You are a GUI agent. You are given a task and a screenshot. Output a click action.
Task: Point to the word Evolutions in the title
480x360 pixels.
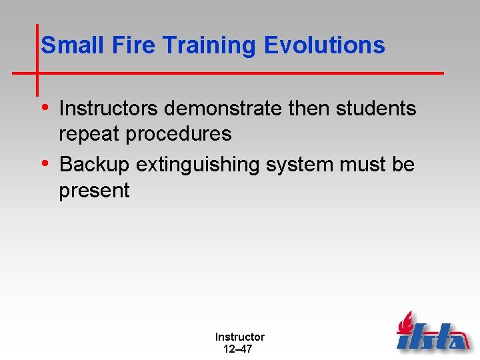tap(325, 45)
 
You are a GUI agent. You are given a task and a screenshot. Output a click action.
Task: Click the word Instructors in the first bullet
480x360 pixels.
tap(111, 109)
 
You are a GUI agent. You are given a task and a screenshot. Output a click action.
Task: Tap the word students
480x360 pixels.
tap(376, 109)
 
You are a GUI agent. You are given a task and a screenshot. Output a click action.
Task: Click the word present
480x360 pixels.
tap(94, 191)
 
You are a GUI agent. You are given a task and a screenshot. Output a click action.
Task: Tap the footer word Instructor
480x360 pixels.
tap(239, 337)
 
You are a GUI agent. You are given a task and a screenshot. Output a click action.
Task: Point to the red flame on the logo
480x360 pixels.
tap(405, 323)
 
